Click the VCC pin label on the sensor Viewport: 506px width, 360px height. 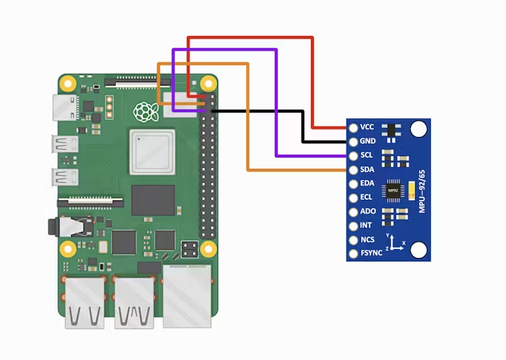click(367, 127)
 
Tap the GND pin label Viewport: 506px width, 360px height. click(367, 142)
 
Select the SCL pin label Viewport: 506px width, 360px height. click(367, 155)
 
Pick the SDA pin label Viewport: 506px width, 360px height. click(367, 170)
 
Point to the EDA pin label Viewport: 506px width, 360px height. click(367, 183)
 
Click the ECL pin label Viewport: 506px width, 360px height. click(367, 198)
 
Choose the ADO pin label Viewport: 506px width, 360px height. click(367, 211)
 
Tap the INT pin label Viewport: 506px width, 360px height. click(366, 225)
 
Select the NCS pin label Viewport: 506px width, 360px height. click(367, 240)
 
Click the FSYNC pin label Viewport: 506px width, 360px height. click(371, 253)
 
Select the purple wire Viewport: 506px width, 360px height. click(276, 103)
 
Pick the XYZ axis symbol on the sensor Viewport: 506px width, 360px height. click(392, 243)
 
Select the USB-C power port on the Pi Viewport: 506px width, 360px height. click(63, 107)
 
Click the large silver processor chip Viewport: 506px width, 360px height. click(152, 151)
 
